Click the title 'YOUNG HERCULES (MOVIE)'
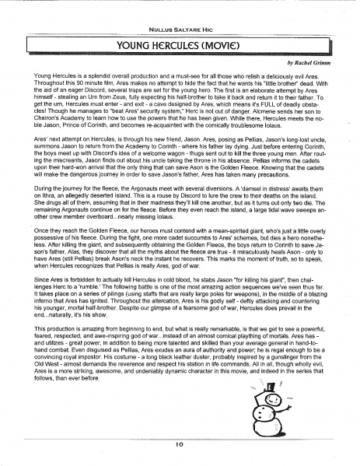coord(180,45)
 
